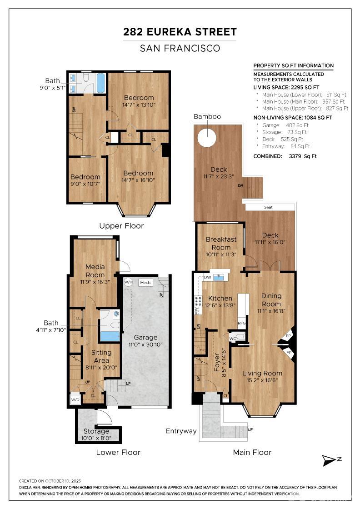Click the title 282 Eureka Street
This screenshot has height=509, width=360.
pyautogui.click(x=180, y=32)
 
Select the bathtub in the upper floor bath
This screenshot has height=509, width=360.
pyautogui.click(x=100, y=82)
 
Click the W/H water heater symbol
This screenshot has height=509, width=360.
pyautogui.click(x=128, y=282)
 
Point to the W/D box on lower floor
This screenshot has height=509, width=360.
pyautogui.click(x=75, y=400)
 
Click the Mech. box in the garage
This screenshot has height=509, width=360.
pyautogui.click(x=145, y=282)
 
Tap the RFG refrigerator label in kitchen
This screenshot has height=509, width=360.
pyautogui.click(x=242, y=323)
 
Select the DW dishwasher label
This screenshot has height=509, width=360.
pyautogui.click(x=207, y=277)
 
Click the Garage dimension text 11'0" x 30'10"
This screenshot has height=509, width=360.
pyautogui.click(x=145, y=344)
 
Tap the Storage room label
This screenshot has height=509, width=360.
pyautogui.click(x=96, y=431)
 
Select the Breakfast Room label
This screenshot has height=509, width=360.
pyautogui.click(x=221, y=243)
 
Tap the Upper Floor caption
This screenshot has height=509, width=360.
pyautogui.click(x=121, y=226)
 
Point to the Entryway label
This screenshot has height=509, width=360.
pyautogui.click(x=181, y=431)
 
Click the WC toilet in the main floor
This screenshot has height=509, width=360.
pyautogui.click(x=240, y=338)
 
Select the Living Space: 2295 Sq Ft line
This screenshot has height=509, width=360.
pyautogui.click(x=287, y=87)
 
